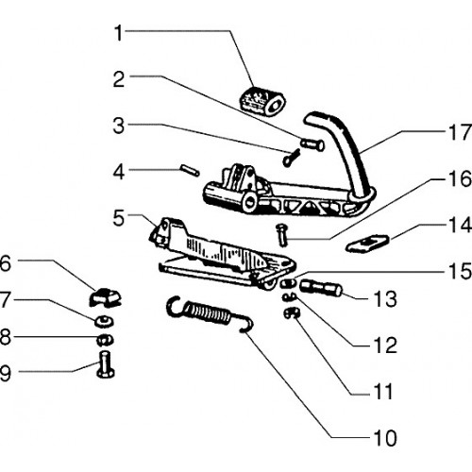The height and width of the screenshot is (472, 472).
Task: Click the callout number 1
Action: (119, 33)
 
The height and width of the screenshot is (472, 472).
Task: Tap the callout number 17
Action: (460, 132)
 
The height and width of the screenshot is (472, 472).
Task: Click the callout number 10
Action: (385, 438)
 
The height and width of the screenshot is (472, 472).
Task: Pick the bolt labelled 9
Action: (105, 364)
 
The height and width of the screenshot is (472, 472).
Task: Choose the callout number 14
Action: (460, 226)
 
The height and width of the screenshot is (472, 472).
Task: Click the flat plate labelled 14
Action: (367, 244)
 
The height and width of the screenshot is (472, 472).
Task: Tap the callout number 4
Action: (119, 173)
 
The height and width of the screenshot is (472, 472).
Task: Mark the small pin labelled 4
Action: (190, 170)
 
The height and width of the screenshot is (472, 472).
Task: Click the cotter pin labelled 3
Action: (291, 159)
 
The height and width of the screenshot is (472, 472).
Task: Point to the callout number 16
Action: (460, 178)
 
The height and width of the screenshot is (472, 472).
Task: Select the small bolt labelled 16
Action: (280, 235)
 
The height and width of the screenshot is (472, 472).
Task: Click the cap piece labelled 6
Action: (105, 297)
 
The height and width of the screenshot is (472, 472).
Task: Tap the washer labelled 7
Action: (104, 321)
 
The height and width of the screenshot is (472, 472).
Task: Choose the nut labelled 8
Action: (104, 339)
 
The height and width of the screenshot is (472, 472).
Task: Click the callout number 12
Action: (385, 346)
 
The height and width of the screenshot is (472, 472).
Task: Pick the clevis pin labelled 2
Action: (312, 144)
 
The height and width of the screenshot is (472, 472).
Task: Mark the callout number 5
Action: (119, 218)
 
